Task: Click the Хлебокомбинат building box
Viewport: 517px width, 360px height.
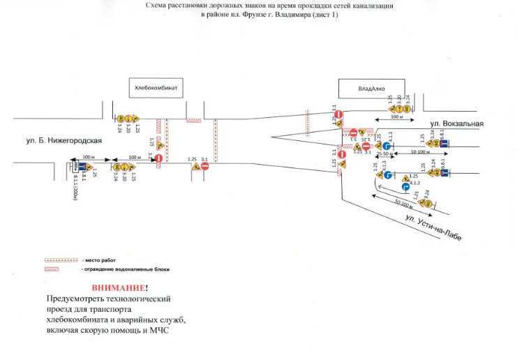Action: tap(157, 88)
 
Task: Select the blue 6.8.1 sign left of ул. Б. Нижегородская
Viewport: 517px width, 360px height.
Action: tap(82, 168)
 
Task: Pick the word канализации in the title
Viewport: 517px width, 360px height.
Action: tap(372, 6)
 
